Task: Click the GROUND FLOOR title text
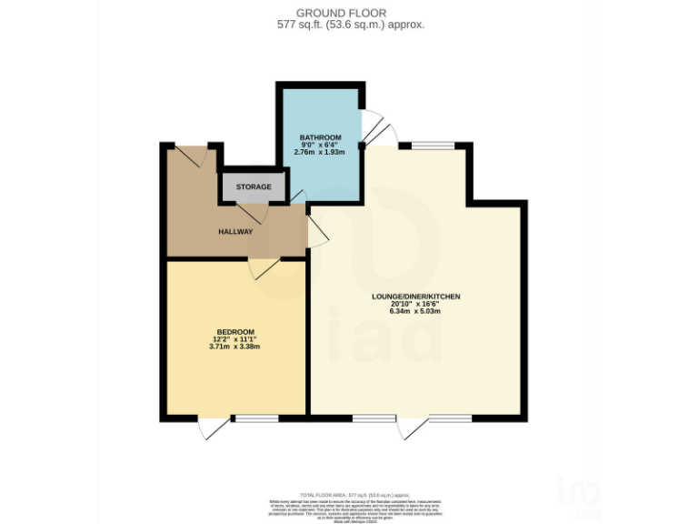click(x=350, y=13)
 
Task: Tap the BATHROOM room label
click(x=320, y=138)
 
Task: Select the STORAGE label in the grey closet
click(x=254, y=187)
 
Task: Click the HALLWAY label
click(x=234, y=232)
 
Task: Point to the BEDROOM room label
click(x=234, y=331)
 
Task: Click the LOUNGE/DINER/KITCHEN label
click(x=415, y=297)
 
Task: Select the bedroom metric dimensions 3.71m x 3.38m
click(x=234, y=347)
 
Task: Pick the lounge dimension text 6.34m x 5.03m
click(x=415, y=312)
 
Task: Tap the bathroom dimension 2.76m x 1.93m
click(x=320, y=153)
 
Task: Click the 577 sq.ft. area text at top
click(x=350, y=25)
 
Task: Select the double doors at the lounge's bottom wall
click(x=414, y=426)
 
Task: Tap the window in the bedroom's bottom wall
click(x=255, y=418)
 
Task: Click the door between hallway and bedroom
click(x=267, y=268)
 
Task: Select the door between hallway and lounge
click(x=317, y=232)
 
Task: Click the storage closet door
click(x=251, y=212)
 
